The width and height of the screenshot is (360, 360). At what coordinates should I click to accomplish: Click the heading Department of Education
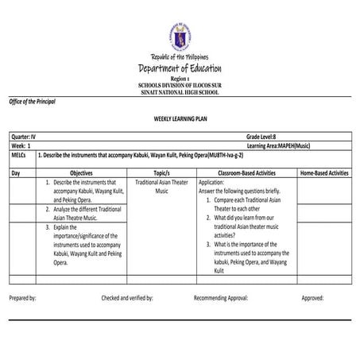point(180,69)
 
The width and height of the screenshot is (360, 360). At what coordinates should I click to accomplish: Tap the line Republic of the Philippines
point(180,57)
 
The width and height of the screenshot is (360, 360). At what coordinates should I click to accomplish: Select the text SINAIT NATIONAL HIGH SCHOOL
point(180,92)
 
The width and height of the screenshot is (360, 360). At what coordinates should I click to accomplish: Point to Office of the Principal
point(33,103)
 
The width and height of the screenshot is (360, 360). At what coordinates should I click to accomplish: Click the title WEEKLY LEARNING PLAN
point(180,117)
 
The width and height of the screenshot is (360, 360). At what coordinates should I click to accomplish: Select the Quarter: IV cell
point(23,137)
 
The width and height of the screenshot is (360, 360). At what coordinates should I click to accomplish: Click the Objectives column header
point(81,172)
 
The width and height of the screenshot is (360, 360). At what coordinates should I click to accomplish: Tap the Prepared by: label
point(23,297)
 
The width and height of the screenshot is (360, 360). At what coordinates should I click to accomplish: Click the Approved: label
point(312,297)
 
